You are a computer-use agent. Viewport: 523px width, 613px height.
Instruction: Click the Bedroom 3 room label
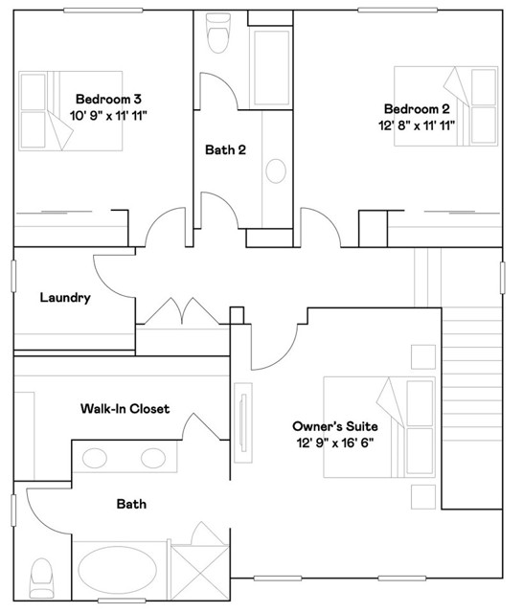[x=108, y=100]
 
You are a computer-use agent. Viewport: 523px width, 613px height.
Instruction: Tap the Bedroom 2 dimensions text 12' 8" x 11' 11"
[x=417, y=125]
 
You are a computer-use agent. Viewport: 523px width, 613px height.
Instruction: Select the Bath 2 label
[x=225, y=149]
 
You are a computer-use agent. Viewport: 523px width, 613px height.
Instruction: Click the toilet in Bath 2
[x=218, y=33]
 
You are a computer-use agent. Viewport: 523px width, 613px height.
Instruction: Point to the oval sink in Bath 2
[x=276, y=170]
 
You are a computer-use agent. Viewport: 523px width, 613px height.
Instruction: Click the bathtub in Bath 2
[x=272, y=68]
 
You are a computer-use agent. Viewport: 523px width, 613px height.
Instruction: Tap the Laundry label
[x=65, y=298]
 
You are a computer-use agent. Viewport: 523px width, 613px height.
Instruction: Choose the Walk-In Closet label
[x=125, y=409]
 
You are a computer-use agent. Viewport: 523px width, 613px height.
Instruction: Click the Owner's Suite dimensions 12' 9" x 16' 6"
[x=335, y=443]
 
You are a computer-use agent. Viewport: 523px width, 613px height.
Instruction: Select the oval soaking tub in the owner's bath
[x=117, y=570]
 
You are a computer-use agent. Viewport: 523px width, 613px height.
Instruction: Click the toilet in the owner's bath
[x=41, y=578]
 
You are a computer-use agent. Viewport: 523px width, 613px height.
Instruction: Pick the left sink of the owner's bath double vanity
[x=95, y=458]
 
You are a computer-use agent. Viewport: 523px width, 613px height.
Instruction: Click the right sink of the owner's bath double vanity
[x=153, y=458]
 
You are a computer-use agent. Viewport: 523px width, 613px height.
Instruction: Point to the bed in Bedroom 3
[x=71, y=111]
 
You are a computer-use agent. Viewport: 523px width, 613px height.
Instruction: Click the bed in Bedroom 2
[x=446, y=106]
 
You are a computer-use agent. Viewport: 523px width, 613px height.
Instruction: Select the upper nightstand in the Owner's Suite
[x=423, y=356]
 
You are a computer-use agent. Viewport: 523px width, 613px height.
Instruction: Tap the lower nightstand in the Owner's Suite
[x=423, y=497]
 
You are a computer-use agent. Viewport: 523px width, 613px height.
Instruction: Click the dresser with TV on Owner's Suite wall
[x=243, y=423]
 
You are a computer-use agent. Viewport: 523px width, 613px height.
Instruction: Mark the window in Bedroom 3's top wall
[x=102, y=11]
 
